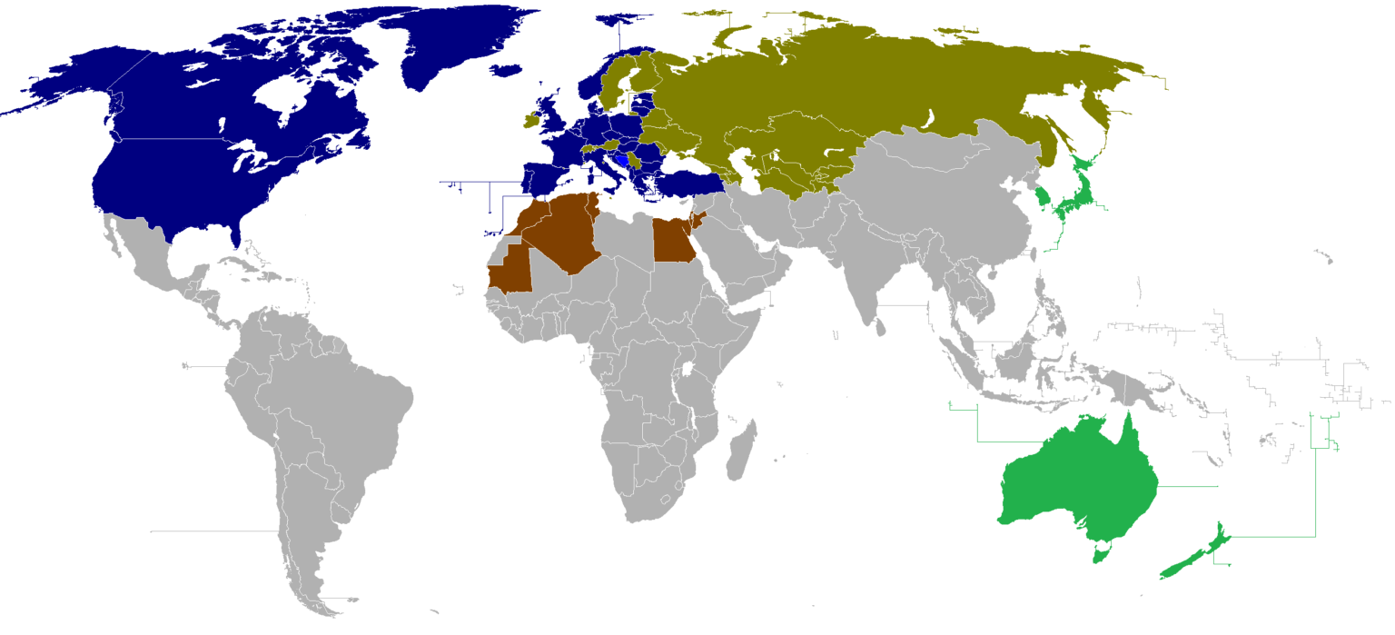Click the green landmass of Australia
pyautogui.click(x=1076, y=481)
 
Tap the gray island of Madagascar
pyautogui.click(x=741, y=454)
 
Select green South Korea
pyautogui.click(x=1047, y=197)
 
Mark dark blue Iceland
pyautogui.click(x=509, y=70)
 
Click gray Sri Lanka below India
pyautogui.click(x=880, y=325)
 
